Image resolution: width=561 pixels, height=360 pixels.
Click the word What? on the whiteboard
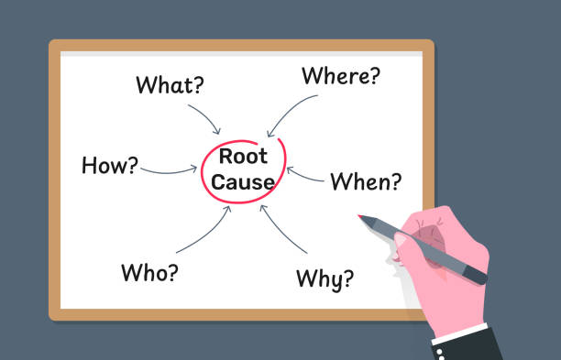tap(170, 85)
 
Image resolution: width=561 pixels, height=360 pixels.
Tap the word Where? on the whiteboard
tap(340, 76)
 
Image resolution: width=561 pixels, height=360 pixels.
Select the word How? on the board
tap(110, 166)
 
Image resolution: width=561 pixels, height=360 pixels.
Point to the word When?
tap(365, 181)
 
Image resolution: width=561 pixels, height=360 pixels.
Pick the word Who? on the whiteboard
tap(149, 272)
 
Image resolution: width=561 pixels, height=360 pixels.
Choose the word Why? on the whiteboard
tap(324, 278)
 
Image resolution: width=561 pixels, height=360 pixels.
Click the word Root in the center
tap(242, 157)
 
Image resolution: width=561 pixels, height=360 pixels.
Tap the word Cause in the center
tap(242, 181)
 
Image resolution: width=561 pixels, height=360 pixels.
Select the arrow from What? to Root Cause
tap(205, 118)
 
